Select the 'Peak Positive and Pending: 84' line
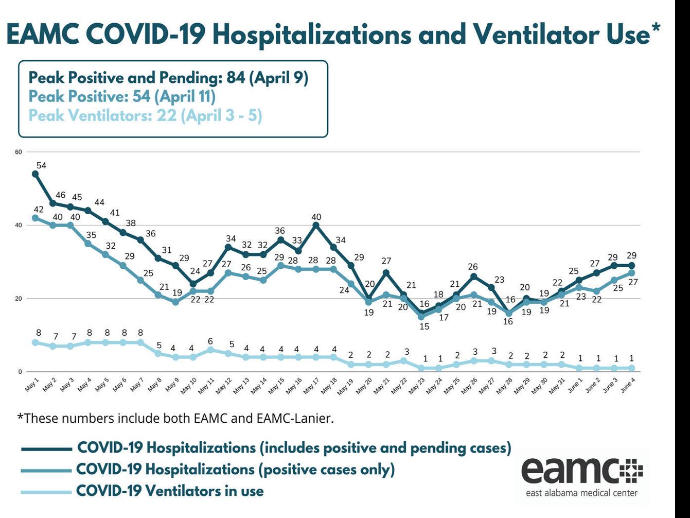point(168,78)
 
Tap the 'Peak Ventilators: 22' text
point(145,115)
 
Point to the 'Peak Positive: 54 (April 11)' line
point(122,96)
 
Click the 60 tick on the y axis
point(19,152)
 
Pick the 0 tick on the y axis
point(20,372)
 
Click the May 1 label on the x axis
point(32,385)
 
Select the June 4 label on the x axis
point(628,385)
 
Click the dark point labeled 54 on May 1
point(36,174)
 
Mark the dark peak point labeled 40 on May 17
point(316,225)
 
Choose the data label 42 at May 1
point(38,210)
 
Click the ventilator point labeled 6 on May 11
point(210,350)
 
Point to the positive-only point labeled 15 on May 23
point(421,317)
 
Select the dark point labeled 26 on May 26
point(474,277)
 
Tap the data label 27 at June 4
point(633,282)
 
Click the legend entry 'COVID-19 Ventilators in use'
point(170,491)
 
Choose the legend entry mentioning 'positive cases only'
point(235,470)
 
